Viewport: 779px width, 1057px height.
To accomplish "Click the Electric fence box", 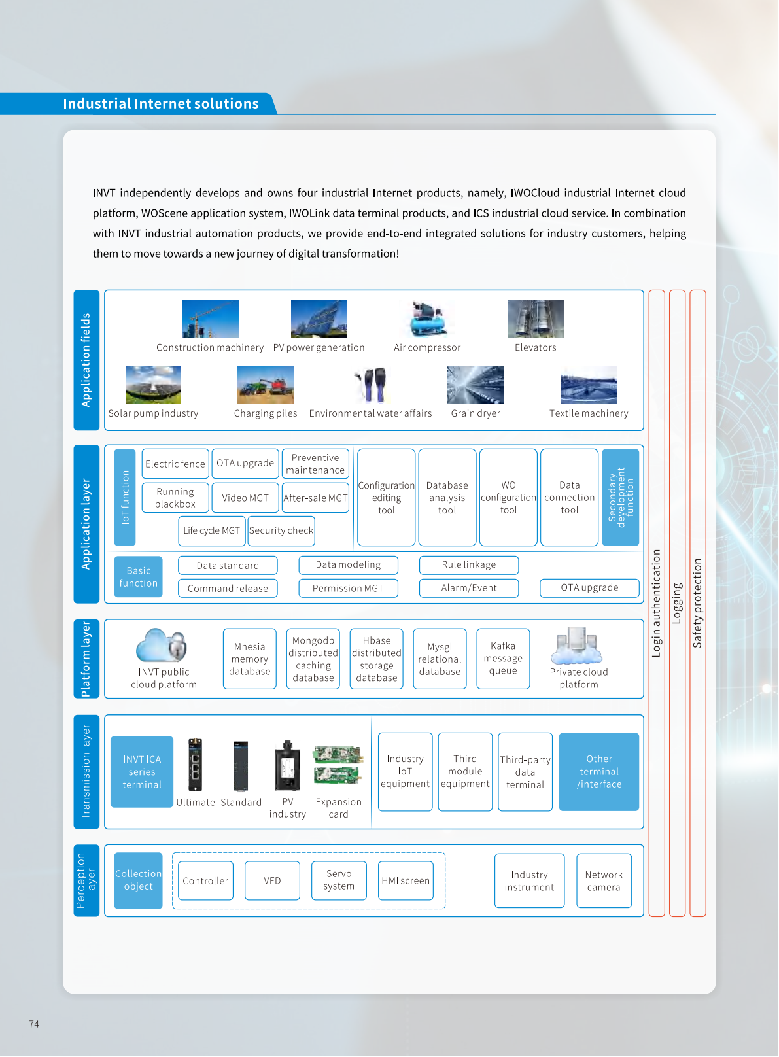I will click(175, 464).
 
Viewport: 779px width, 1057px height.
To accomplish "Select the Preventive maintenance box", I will click(315, 464).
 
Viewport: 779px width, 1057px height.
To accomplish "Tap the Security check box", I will click(281, 530).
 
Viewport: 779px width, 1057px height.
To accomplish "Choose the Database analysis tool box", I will click(447, 497).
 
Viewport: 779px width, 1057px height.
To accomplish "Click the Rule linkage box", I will click(469, 564).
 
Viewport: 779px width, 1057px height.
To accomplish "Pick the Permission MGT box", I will click(348, 588).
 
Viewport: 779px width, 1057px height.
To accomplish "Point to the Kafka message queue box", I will click(503, 658).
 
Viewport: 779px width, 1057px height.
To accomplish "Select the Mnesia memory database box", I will click(250, 659).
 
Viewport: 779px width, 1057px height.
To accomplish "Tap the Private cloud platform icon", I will click(576, 646).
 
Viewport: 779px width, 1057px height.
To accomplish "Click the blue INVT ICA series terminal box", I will click(142, 772).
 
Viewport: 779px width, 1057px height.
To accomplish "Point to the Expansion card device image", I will click(338, 765).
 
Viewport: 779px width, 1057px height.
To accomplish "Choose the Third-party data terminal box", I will click(525, 772).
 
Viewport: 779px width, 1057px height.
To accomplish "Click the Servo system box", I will click(339, 880).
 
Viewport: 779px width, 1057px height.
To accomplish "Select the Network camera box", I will click(604, 881).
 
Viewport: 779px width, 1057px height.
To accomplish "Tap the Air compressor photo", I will click(428, 319).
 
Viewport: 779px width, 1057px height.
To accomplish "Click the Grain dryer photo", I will click(476, 385).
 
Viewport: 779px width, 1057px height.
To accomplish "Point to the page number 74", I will click(34, 1024).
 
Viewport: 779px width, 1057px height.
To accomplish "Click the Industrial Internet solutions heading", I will click(161, 104).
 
